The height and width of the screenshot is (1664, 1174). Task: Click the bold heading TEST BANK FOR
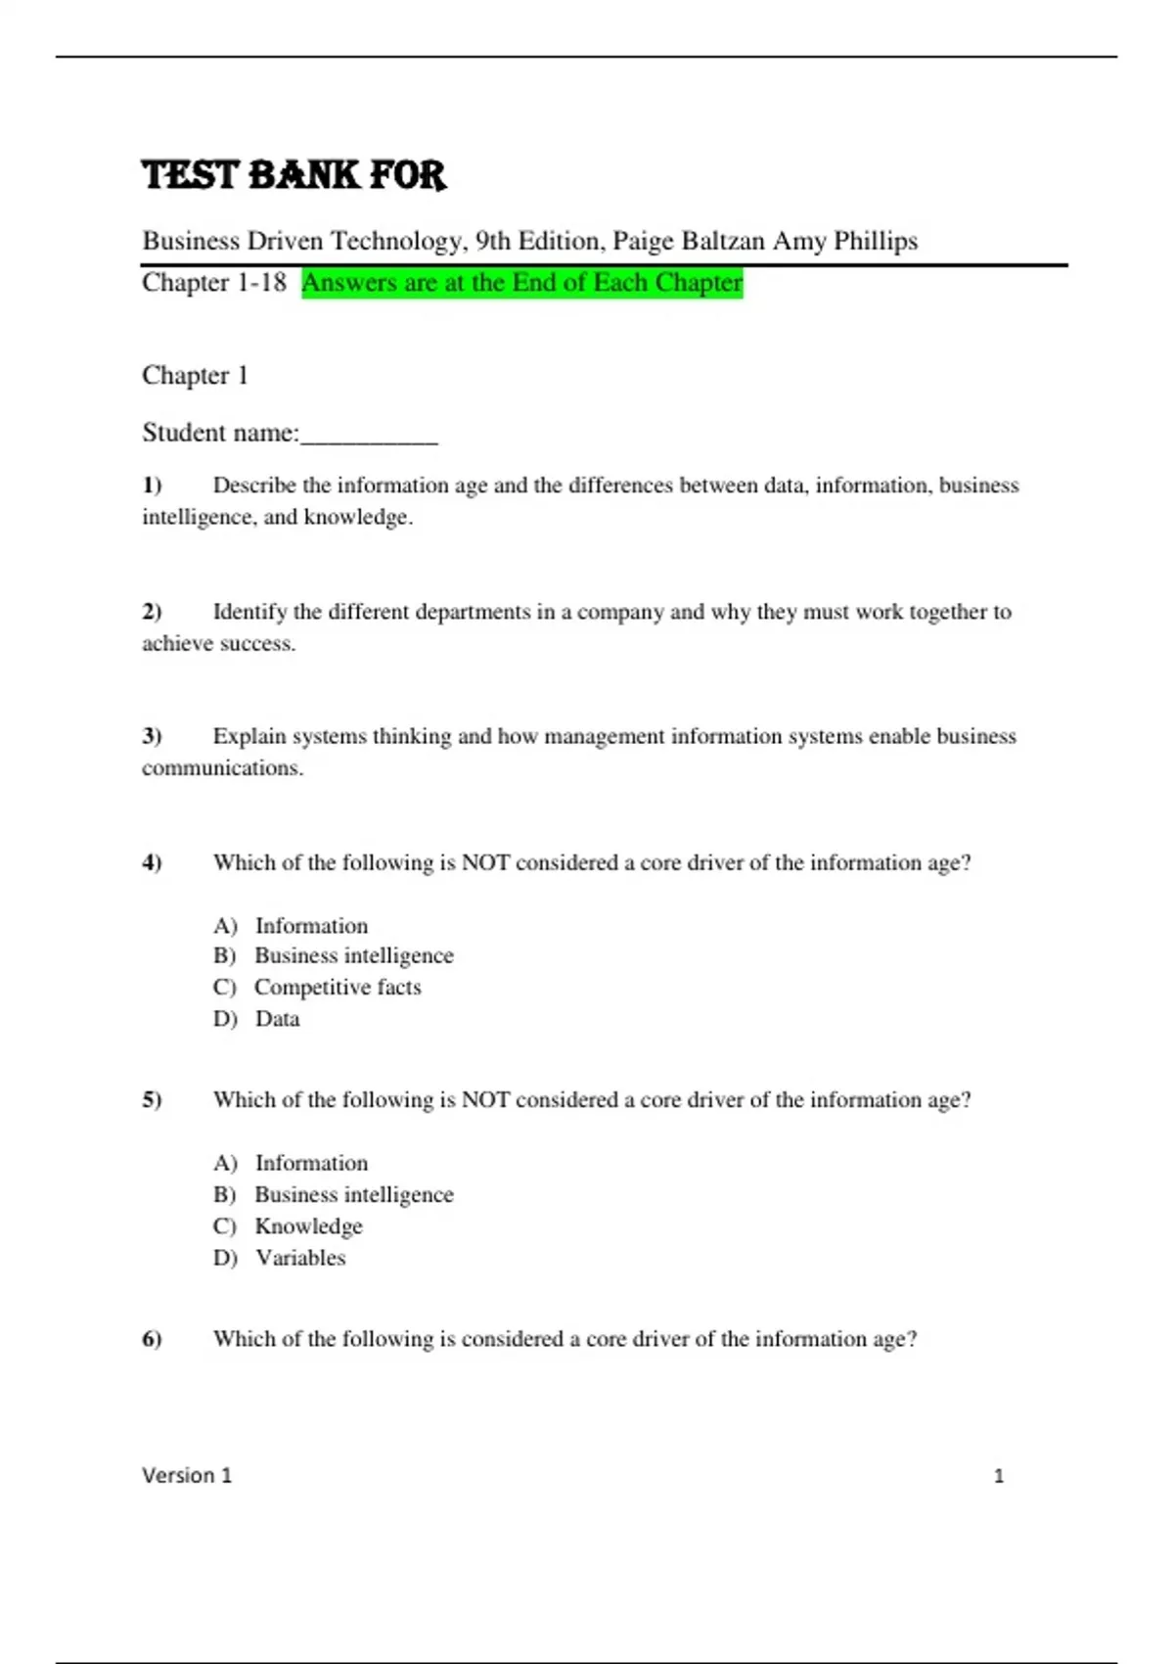[293, 175]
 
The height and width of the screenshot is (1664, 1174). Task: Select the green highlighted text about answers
[521, 283]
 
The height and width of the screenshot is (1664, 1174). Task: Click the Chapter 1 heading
[195, 375]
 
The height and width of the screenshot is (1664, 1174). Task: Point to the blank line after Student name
[369, 435]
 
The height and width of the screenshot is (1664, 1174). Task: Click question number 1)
[152, 485]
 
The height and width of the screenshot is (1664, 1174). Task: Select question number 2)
[152, 612]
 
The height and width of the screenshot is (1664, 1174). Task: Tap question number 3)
[152, 736]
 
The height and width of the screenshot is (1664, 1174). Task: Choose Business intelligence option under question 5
[353, 1195]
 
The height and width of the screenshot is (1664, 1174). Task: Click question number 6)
[152, 1339]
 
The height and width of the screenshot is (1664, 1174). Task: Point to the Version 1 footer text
[187, 1475]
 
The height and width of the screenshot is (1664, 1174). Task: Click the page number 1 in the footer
[999, 1476]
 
